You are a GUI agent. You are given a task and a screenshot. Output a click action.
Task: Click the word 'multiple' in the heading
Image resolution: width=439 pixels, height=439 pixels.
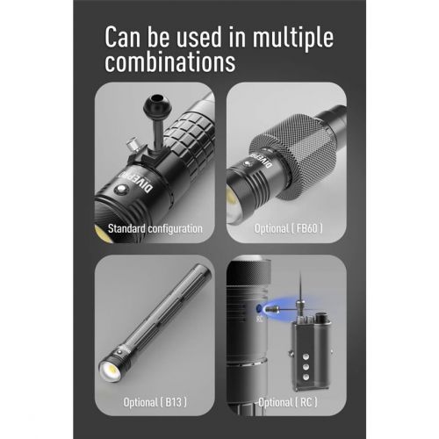point(293,38)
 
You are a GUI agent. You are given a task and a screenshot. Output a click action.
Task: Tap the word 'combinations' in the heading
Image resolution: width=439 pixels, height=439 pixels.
point(170,61)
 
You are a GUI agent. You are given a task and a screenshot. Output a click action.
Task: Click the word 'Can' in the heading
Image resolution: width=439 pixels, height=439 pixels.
point(123,37)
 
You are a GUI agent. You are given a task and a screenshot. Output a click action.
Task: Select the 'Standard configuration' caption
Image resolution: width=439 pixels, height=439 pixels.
point(155,228)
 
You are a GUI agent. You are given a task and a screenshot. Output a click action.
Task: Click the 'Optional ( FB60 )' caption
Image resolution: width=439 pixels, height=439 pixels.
point(289,228)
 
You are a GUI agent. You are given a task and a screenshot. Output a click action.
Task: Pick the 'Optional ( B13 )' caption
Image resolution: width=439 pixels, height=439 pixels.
point(155,402)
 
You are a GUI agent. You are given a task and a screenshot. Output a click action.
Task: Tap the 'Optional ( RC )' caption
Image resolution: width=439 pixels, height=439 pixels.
point(288,402)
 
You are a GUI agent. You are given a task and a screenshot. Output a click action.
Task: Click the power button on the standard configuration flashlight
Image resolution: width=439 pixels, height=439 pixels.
point(121,189)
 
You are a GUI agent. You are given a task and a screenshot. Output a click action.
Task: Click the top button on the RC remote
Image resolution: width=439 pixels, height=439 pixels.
point(306,356)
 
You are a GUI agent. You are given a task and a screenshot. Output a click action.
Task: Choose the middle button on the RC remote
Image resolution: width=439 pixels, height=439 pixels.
point(306,367)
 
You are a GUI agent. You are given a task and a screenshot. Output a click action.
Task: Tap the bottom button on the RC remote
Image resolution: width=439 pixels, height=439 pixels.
point(306,377)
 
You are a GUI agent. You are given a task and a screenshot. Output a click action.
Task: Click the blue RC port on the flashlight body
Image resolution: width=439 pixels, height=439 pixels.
point(259,308)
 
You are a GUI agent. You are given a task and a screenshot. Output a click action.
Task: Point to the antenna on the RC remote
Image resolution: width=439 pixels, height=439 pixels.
point(300,287)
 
